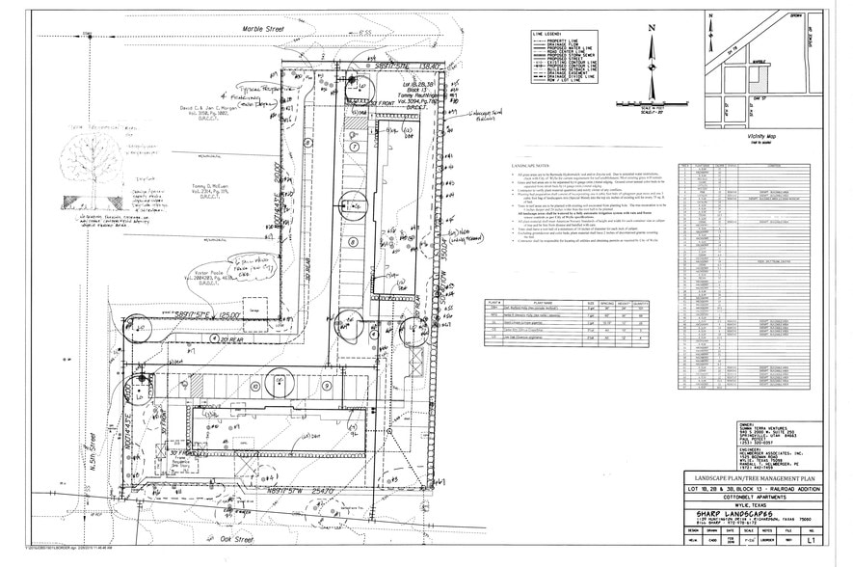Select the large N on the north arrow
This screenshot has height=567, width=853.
pos(652,28)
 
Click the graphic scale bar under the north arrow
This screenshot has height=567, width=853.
pos(652,103)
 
